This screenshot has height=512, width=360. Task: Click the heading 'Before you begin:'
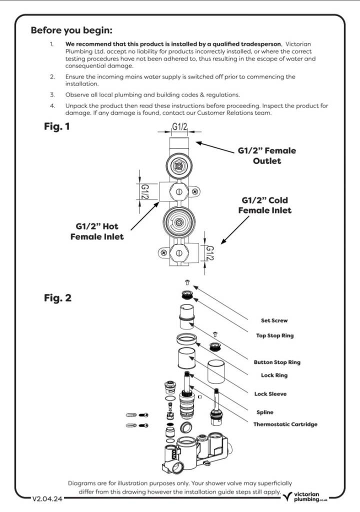[x=71, y=30]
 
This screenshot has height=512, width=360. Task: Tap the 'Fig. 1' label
[x=57, y=126]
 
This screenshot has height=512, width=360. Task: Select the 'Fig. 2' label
[x=57, y=298]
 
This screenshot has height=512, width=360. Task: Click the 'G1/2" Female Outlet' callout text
[x=267, y=156]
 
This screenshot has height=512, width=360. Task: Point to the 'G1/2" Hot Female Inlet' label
[x=97, y=231]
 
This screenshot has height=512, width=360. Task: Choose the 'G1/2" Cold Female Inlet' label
[x=265, y=205]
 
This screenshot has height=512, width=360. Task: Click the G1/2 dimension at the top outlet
[x=179, y=126]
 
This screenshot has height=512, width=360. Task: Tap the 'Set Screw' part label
[x=274, y=320]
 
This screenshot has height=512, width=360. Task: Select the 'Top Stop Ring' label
[x=274, y=335]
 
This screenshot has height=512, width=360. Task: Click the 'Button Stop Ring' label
[x=277, y=362]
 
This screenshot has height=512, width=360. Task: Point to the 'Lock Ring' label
[x=274, y=375]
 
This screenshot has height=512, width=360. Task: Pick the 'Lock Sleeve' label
[x=270, y=394]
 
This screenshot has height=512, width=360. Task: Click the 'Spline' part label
[x=265, y=412]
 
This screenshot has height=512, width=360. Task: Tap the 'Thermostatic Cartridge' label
[x=285, y=424]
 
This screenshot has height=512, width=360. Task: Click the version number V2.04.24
[x=47, y=499]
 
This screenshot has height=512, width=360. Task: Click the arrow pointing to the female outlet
[x=215, y=147]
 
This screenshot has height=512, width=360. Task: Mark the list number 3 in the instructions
[x=52, y=95]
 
